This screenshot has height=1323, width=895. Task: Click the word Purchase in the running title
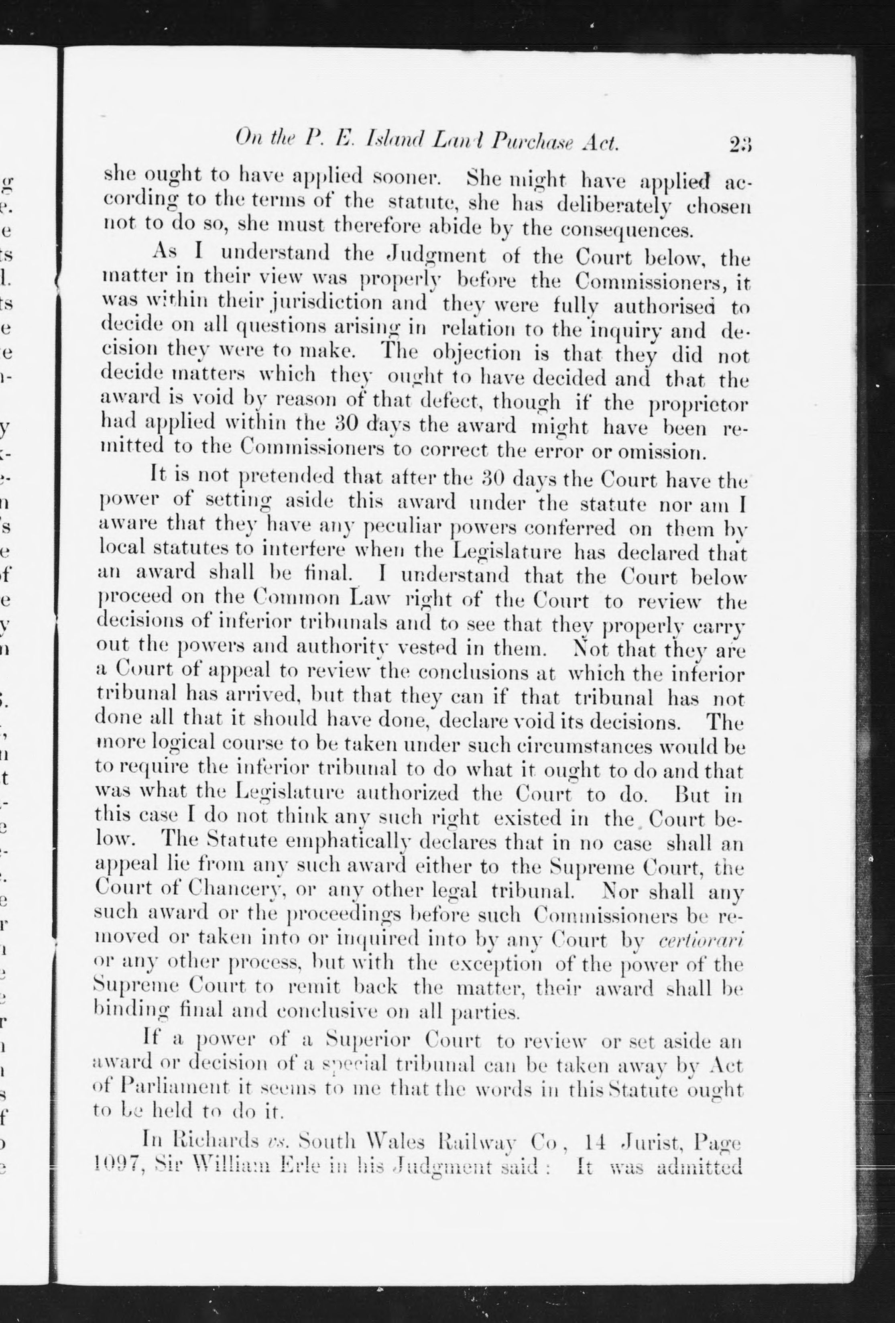coord(532,143)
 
